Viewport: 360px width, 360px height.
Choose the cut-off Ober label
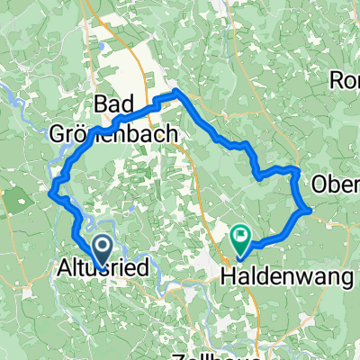[x=336, y=184]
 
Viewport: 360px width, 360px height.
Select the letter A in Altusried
[x=64, y=268]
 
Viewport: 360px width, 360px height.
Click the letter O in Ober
[x=321, y=184]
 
